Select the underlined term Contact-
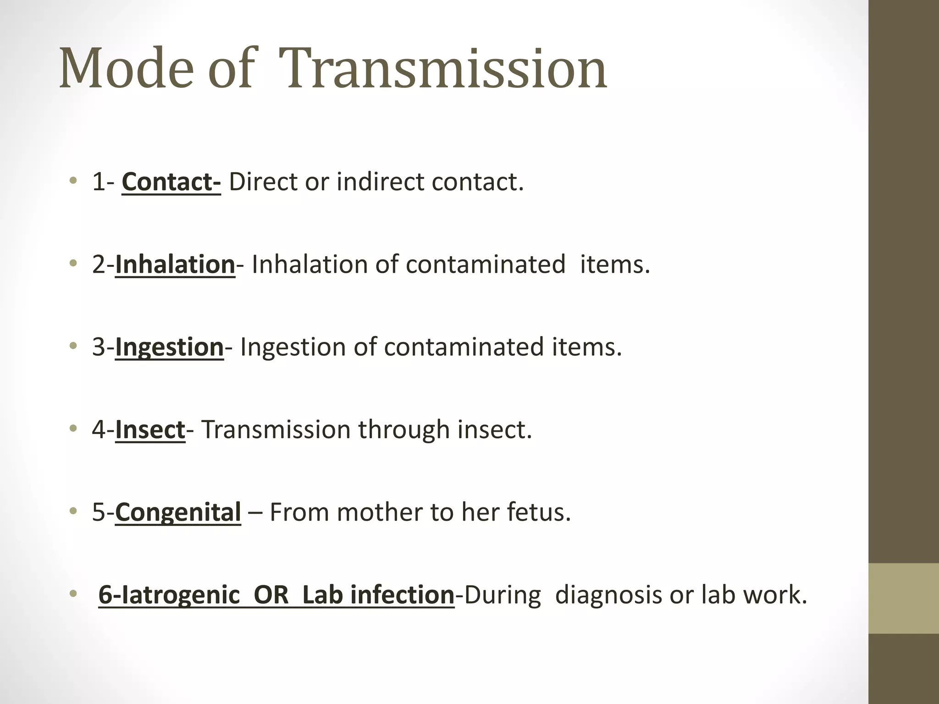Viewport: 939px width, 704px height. [x=171, y=182]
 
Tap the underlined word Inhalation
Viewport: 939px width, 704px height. [x=175, y=265]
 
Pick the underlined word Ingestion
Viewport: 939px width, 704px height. [x=169, y=347]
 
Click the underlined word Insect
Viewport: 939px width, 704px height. [x=150, y=430]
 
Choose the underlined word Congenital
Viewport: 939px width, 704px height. [x=178, y=512]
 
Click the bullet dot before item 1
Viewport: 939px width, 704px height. [x=72, y=181]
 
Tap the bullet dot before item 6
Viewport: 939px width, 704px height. [x=72, y=594]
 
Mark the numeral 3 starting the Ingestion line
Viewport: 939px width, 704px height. [x=99, y=347]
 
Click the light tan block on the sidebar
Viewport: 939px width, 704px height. [x=903, y=598]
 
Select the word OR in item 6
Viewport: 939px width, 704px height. [x=271, y=595]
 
